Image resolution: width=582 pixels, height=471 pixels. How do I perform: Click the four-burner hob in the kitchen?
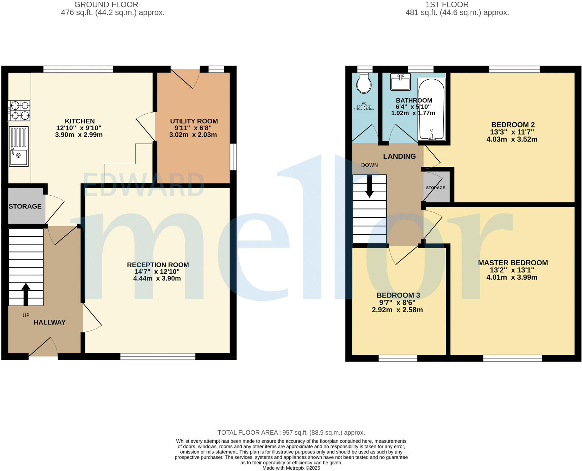19,111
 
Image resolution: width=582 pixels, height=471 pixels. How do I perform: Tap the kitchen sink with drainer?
19,147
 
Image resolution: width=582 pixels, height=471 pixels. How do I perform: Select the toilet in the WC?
364,83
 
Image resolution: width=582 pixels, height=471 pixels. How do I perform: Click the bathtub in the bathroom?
431,109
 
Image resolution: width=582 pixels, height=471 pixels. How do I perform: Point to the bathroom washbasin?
400,82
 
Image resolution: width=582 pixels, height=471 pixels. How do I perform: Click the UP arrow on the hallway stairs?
26,294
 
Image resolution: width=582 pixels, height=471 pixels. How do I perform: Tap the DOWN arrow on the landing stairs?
369,187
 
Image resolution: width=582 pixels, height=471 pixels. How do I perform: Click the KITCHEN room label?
80,121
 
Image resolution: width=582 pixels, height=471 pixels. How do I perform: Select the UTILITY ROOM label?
194,121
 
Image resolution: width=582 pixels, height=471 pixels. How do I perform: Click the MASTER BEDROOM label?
513,263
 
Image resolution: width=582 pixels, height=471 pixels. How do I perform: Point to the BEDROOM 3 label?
398,296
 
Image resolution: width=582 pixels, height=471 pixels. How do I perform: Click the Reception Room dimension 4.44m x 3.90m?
157,279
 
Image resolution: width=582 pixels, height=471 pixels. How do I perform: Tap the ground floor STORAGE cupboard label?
25,206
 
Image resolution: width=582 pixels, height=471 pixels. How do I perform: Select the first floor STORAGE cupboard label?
435,188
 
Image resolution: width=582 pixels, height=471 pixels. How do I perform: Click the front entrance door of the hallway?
43,348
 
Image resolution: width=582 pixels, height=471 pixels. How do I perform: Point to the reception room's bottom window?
158,356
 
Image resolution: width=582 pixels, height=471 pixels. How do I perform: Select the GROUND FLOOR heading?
106,5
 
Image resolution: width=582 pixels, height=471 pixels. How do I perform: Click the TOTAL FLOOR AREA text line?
291,433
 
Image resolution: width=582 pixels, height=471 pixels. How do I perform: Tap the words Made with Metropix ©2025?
291,468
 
